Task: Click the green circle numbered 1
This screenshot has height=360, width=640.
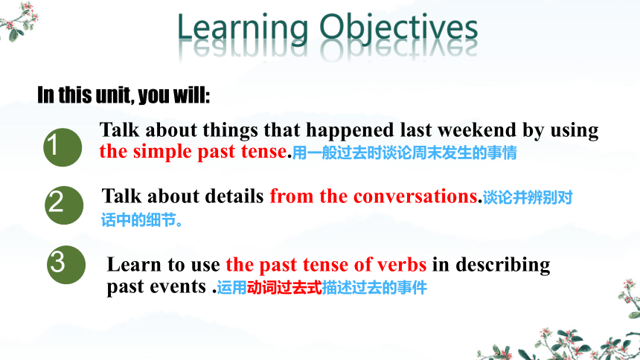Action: [x=63, y=147]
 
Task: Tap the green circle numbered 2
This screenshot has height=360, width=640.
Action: [x=64, y=205]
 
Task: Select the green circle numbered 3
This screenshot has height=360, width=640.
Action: [x=66, y=265]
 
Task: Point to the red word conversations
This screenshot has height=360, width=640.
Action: [x=415, y=196]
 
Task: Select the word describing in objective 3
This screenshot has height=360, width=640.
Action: [x=503, y=266]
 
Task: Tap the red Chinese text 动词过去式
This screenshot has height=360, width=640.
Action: [x=284, y=288]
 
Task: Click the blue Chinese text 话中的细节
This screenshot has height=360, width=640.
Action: [x=138, y=220]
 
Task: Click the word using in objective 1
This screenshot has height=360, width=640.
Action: [x=575, y=132]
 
